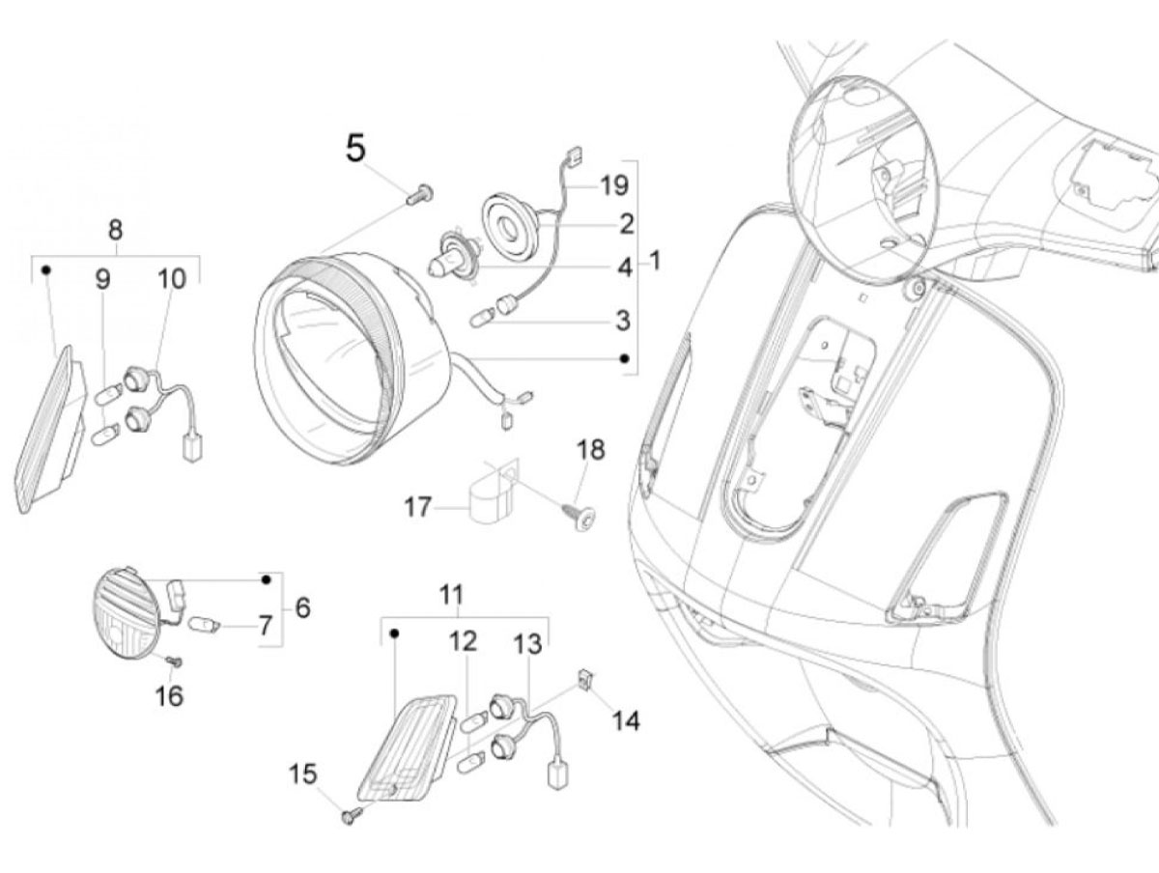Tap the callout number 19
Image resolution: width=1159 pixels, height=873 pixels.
pyautogui.click(x=614, y=185)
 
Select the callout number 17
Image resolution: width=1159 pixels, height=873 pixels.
pyautogui.click(x=417, y=507)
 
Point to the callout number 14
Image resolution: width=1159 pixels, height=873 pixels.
pyautogui.click(x=626, y=721)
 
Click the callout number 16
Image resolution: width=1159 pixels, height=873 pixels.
pyautogui.click(x=169, y=695)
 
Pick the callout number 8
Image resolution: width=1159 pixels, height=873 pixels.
pyautogui.click(x=115, y=230)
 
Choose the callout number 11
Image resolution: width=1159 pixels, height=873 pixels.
pyautogui.click(x=451, y=594)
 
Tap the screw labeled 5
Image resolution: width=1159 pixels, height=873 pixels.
pyautogui.click(x=420, y=194)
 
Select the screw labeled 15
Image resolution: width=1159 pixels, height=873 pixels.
pyautogui.click(x=353, y=831)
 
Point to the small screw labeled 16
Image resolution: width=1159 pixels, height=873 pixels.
pyautogui.click(x=174, y=661)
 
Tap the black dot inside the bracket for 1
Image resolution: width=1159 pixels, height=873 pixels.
pyautogui.click(x=625, y=358)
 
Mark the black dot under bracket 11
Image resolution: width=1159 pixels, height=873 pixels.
pyautogui.click(x=394, y=633)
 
